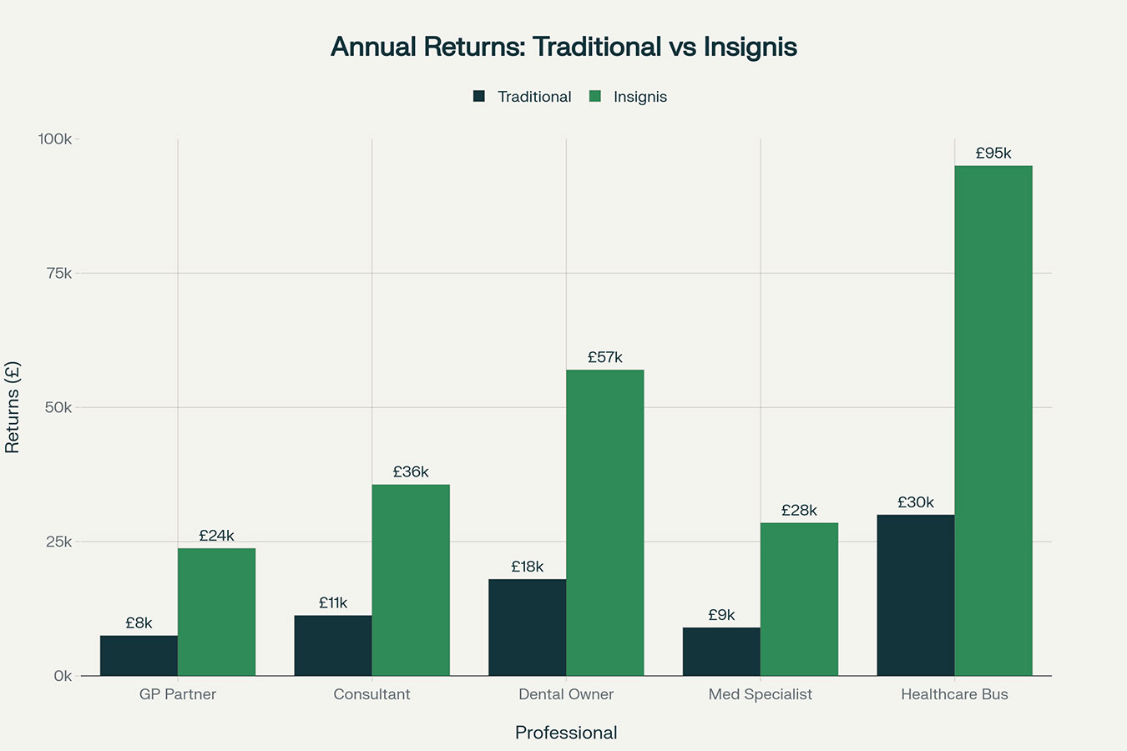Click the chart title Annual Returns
[563, 47]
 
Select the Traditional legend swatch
[479, 97]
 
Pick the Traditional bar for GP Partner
[139, 656]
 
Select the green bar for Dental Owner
[605, 522]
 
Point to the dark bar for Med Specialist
[721, 652]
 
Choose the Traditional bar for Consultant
[333, 646]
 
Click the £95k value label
[993, 154]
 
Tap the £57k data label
[605, 358]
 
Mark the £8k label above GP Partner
[139, 623]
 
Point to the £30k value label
[916, 502]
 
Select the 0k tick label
[63, 676]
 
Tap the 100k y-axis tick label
[55, 139]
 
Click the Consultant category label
[371, 694]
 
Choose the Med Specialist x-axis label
[760, 694]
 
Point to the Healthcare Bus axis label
[954, 694]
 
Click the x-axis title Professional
[566, 733]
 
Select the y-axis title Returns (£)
[13, 407]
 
